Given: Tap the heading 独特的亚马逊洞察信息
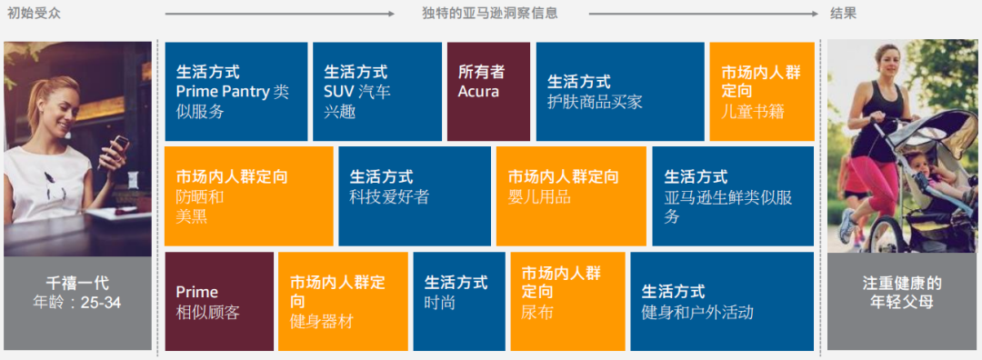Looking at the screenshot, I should coord(490,13).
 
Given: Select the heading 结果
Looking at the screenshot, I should coord(843,13).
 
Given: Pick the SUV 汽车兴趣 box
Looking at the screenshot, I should coord(376,92).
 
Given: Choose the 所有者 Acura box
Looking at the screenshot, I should coord(487,92).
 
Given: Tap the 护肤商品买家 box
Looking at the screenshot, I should coord(619,92).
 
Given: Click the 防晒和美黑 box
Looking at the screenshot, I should coord(248,196).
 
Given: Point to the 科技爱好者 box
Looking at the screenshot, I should coord(414,196).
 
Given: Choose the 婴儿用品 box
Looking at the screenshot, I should coord(570,196).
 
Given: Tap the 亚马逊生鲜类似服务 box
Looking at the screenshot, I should coord(732,196).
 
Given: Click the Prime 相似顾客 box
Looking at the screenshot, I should coord(218,302).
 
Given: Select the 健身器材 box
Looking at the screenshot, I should coord(342,302).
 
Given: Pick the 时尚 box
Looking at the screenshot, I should coord(458,302).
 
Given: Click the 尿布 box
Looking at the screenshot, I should coord(567,302).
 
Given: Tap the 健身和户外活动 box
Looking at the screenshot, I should coord(721,302).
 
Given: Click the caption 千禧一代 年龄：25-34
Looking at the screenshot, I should coord(77,291).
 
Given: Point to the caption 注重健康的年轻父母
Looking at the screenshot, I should coord(901,291).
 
